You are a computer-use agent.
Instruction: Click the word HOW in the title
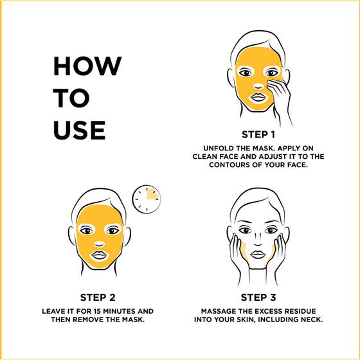pos(87,66)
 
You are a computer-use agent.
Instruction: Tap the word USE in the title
pos(79,130)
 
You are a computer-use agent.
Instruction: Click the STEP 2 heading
pos(98,297)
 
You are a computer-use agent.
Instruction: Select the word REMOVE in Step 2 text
pos(107,319)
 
